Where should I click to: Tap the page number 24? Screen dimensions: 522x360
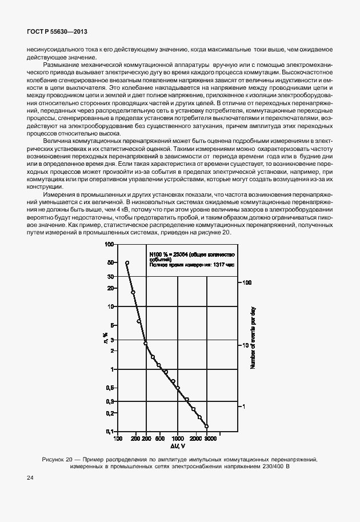(30, 477)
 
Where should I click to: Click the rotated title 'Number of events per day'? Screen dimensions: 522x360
(252, 337)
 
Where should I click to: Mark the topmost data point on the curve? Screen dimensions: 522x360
(127, 263)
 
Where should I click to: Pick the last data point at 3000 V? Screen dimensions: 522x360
(206, 427)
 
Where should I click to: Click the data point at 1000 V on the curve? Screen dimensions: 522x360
(178, 388)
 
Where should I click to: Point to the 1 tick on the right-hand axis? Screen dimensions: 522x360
(244, 406)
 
